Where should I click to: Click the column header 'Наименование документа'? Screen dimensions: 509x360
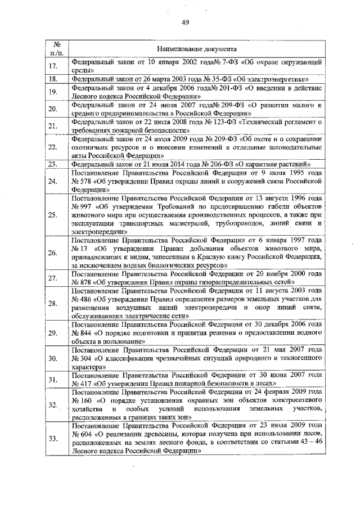(x=196, y=49)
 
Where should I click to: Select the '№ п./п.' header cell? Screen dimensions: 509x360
(x=56, y=48)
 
